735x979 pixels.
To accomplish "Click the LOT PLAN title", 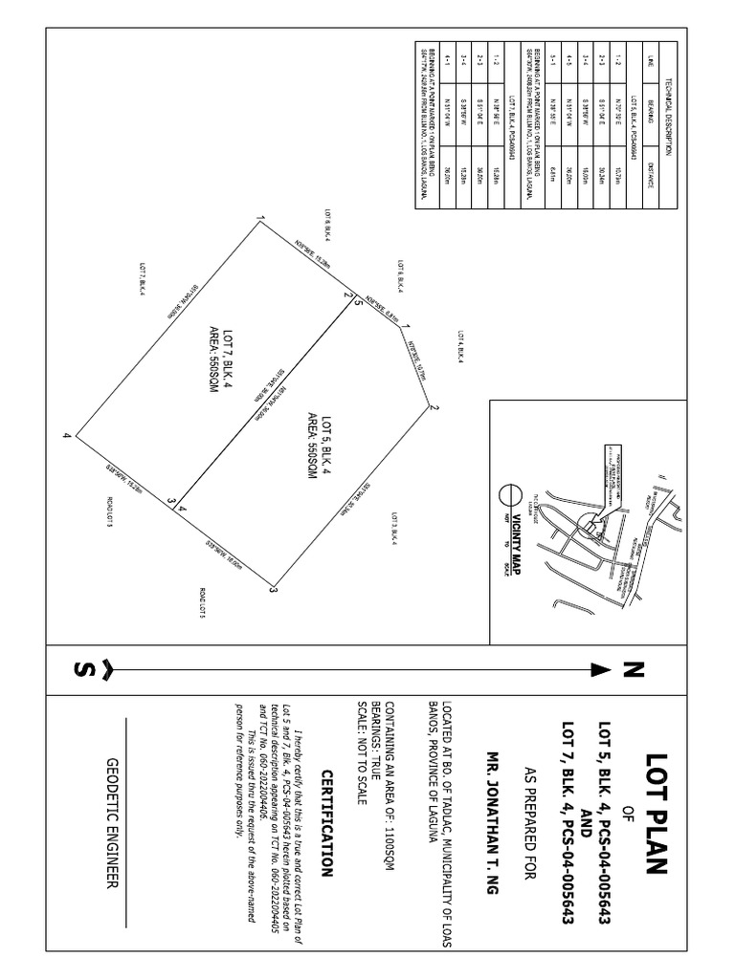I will (x=654, y=812).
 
